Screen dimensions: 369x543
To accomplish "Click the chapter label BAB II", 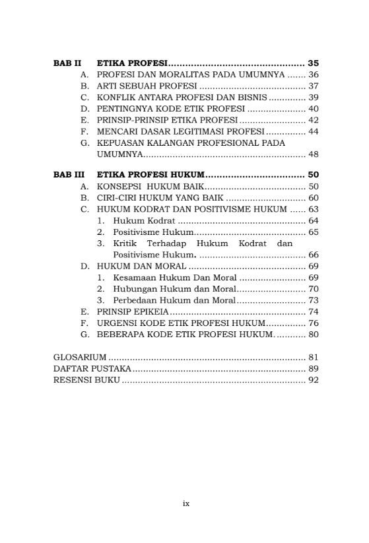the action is [x=67, y=63].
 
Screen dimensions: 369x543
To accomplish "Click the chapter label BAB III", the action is [x=69, y=175].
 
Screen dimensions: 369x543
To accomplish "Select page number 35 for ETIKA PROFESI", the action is [x=313, y=63].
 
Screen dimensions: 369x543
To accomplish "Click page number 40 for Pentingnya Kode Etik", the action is [x=313, y=108].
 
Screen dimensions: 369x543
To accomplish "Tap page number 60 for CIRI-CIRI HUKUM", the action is [x=313, y=198].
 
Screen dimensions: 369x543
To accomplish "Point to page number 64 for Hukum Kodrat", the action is [x=313, y=220].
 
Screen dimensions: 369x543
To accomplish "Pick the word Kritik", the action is [x=126, y=243].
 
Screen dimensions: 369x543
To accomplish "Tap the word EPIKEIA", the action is [x=152, y=311].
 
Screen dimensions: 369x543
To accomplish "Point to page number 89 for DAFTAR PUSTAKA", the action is [x=313, y=368].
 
